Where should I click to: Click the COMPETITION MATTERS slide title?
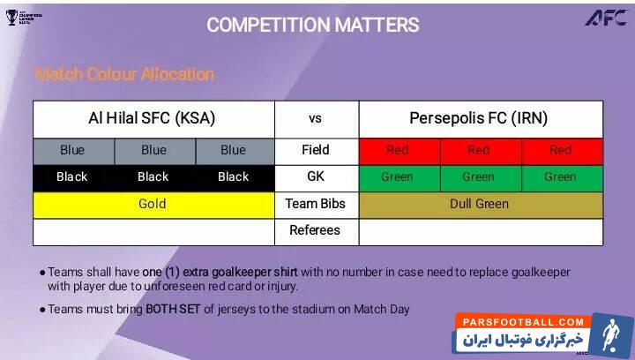(312, 25)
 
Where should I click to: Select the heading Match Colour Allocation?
(124, 74)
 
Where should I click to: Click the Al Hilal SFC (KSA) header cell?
(153, 118)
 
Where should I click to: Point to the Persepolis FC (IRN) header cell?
(479, 118)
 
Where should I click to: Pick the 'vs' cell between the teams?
(316, 118)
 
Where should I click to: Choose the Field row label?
(316, 150)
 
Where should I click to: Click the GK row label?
(316, 176)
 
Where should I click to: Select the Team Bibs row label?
(316, 204)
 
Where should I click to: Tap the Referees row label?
(316, 230)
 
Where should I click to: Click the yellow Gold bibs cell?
(153, 204)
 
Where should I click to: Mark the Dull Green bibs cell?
(479, 204)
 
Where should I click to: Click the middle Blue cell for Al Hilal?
(153, 150)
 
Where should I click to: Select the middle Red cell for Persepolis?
(479, 150)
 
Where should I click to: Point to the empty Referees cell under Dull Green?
(481, 231)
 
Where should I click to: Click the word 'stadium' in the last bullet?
(331, 309)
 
